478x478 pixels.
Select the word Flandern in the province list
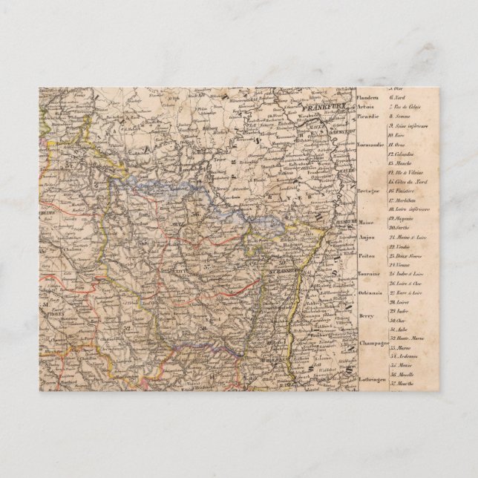368,99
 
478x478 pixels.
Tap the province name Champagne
373,344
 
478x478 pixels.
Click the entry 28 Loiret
402,304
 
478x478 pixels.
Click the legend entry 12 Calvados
404,154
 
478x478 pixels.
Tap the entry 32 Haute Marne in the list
407,337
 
